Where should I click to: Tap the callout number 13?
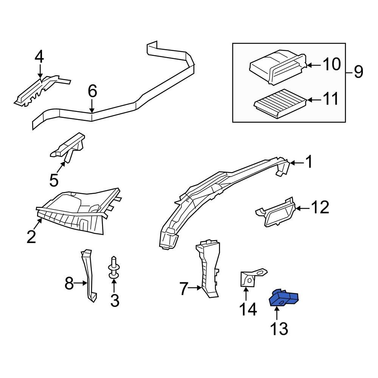tap(279, 328)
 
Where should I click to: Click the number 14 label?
tap(248, 309)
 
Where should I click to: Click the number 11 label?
tap(330, 100)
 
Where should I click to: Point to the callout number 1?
tap(309, 163)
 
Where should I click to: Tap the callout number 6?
tap(92, 91)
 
